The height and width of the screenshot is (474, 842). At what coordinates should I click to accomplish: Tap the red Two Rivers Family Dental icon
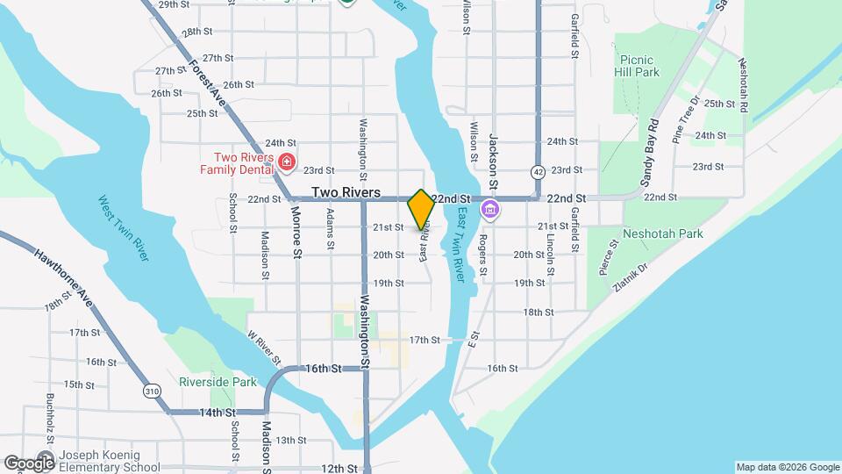pos(286,162)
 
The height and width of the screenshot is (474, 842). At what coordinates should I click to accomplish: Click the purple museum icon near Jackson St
pos(489,211)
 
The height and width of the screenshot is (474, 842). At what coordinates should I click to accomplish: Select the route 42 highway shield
pos(537,169)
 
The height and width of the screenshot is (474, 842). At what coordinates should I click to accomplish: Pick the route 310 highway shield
pos(153,391)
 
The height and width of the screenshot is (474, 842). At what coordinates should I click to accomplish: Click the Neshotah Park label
pos(662,234)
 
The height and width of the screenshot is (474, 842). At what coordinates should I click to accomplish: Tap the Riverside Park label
pos(218,382)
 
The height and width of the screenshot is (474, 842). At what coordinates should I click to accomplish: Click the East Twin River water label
pos(460,249)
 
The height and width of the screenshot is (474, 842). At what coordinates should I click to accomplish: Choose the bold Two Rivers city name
pos(346,192)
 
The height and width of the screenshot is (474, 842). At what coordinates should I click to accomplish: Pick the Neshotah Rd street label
pos(744,84)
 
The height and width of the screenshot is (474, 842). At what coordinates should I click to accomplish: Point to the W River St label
pos(263,348)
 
